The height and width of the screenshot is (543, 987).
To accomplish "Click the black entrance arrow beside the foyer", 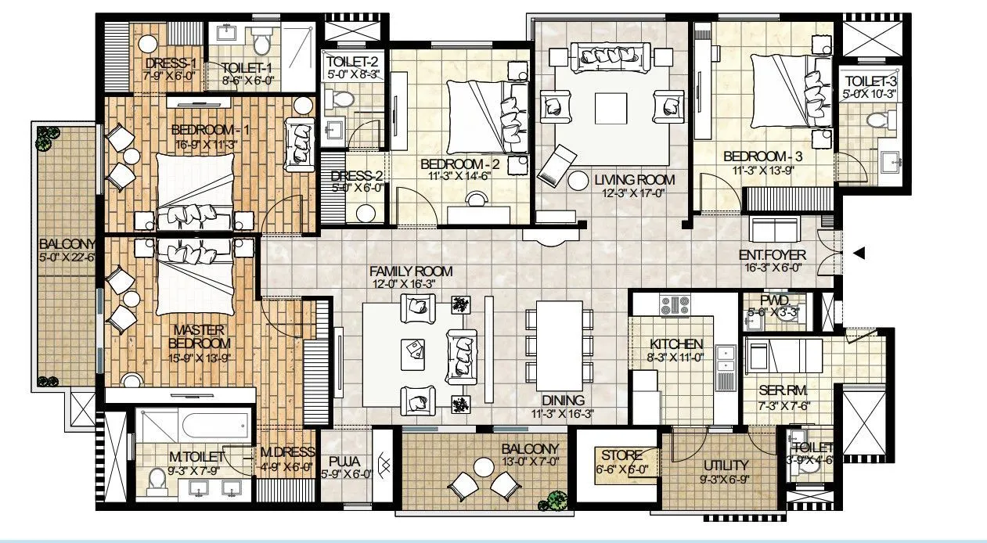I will (859, 253).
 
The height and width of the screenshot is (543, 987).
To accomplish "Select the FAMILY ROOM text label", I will (411, 271).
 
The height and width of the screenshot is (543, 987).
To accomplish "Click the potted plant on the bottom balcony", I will (557, 499).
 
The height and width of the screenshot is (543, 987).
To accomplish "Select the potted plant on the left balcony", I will (44, 141).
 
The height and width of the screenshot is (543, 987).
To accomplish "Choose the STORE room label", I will (621, 455).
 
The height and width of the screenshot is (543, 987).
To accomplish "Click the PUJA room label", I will (344, 461).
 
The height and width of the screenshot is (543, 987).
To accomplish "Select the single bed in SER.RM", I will (783, 356).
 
